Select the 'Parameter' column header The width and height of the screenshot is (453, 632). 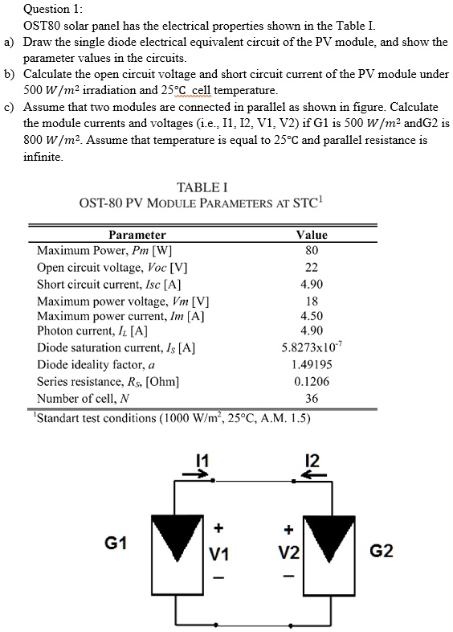click(x=137, y=235)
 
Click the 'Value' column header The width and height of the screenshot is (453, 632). click(x=312, y=235)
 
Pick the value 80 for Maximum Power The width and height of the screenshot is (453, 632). click(x=312, y=250)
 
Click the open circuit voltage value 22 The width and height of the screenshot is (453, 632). click(x=312, y=267)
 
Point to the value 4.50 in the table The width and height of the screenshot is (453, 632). click(x=312, y=316)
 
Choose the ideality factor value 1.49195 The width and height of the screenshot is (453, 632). click(x=312, y=365)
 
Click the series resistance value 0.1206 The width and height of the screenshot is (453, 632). click(x=312, y=381)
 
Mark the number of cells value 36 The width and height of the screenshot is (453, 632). click(x=312, y=398)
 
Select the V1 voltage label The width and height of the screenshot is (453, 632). click(x=218, y=554)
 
